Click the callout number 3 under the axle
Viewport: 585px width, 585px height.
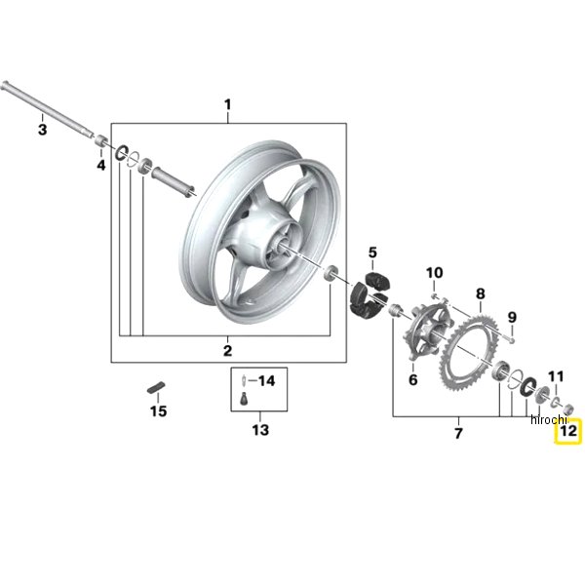pos(43,130)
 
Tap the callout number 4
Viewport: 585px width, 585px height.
pos(101,165)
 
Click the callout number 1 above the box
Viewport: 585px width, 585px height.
pos(227,105)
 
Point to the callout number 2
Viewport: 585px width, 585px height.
pos(227,351)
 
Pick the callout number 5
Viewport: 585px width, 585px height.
pos(372,253)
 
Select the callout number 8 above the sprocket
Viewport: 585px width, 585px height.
pos(480,293)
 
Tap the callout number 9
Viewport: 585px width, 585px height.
pos(512,318)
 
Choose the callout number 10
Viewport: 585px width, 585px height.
pos(435,273)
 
